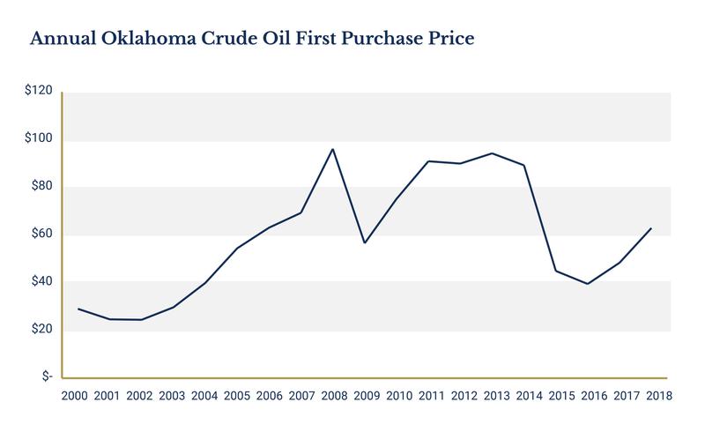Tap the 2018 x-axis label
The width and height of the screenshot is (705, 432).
tap(657, 396)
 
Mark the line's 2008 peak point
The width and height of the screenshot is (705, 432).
tap(332, 149)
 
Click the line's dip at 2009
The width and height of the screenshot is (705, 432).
tap(364, 242)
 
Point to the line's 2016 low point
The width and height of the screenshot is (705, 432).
tap(587, 284)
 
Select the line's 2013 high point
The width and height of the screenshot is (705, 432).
tap(491, 153)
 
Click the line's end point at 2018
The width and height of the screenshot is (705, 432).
tap(650, 228)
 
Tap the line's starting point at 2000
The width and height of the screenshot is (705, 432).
tap(78, 309)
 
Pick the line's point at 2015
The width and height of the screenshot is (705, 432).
tap(555, 271)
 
